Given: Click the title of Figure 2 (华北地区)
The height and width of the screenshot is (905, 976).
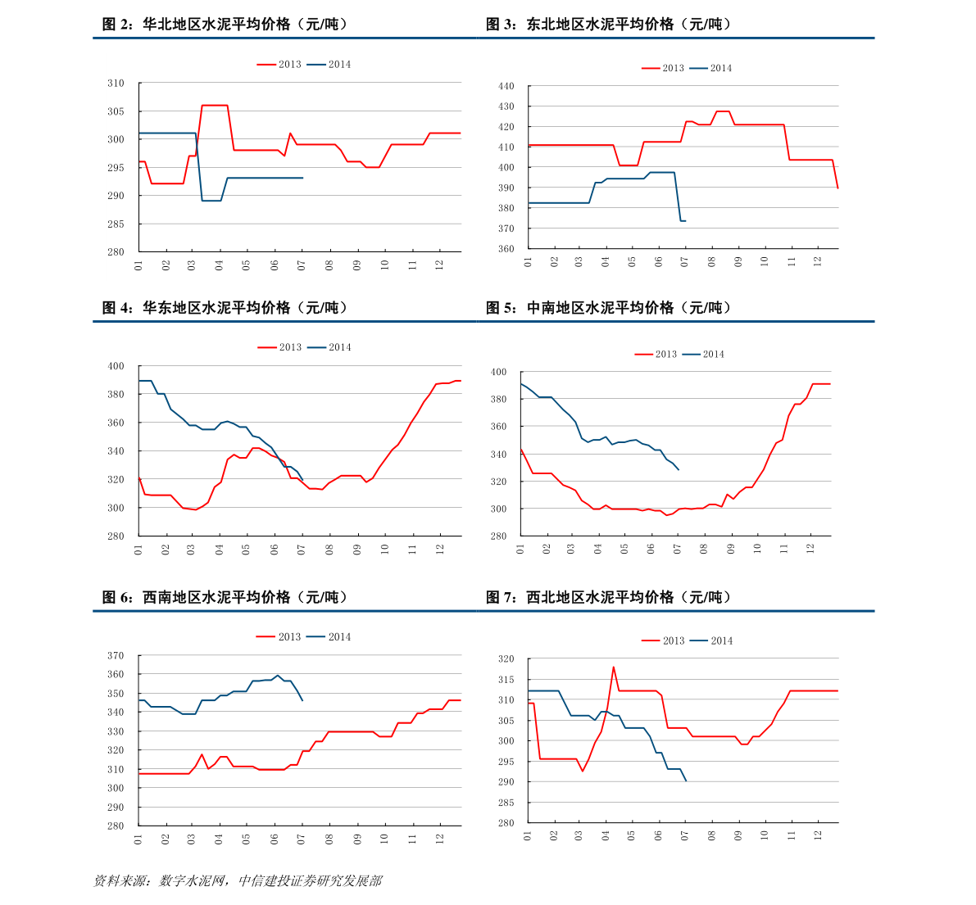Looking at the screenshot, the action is tap(225, 25).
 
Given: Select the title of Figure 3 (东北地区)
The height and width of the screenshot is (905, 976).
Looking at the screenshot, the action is tap(608, 25).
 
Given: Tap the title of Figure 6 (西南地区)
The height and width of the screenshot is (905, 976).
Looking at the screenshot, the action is tap(225, 597).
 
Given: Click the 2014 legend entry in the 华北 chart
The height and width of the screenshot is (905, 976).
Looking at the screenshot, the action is tap(329, 64).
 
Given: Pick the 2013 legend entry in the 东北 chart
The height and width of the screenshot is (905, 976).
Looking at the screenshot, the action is tap(663, 68).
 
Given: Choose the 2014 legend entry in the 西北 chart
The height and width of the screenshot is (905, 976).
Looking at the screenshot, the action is tap(711, 640).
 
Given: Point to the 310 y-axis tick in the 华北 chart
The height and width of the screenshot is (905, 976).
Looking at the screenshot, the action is tap(116, 83).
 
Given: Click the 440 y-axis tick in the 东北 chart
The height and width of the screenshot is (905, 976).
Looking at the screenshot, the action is tap(506, 86).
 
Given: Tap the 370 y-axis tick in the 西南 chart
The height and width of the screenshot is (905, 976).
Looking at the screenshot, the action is tap(116, 655).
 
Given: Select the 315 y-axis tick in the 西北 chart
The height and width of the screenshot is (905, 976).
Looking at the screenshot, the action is tap(506, 679).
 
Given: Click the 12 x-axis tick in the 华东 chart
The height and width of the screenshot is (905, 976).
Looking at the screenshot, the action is tap(439, 550).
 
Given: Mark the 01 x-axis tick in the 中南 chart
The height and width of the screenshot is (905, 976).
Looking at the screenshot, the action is tap(520, 549).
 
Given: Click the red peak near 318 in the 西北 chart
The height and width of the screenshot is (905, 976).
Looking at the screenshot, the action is tap(613, 667).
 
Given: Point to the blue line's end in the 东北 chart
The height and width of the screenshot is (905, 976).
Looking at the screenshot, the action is tap(685, 221).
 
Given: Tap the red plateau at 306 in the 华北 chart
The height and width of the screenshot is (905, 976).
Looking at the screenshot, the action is tap(215, 105).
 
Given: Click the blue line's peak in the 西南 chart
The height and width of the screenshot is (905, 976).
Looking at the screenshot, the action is tap(278, 676).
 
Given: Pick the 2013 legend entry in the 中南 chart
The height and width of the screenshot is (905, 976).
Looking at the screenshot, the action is tap(656, 354).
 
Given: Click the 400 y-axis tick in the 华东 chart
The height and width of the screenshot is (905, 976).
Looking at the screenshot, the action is tap(116, 366).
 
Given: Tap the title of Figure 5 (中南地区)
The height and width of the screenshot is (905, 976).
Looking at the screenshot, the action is tap(608, 308).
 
